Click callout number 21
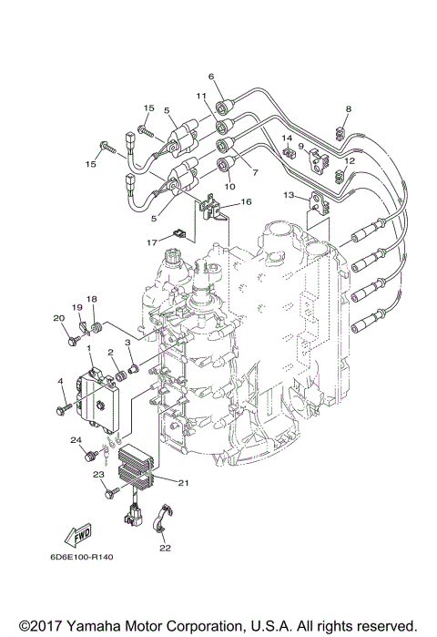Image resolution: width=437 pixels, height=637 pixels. [182, 482]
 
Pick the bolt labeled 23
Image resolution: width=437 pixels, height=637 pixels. [112, 491]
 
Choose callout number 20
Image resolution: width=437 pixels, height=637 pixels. [57, 317]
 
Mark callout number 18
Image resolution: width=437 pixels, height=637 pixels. [91, 299]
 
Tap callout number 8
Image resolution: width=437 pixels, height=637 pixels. [347, 109]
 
